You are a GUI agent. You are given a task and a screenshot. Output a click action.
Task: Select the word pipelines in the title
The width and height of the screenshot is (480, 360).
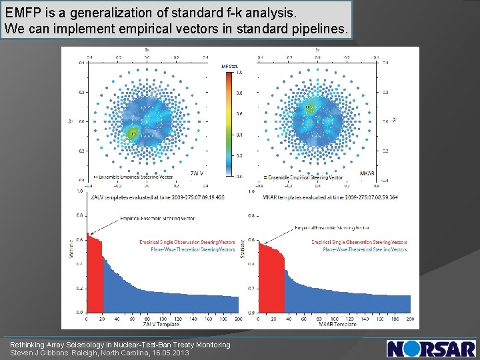click(x=315, y=29)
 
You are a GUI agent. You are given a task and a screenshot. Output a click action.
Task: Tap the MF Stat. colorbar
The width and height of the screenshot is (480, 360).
click(x=230, y=124)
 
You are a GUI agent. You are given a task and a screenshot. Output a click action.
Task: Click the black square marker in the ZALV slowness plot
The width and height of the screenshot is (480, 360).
click(x=133, y=134)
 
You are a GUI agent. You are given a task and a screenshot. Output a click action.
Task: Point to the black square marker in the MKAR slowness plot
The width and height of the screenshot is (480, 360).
click(x=308, y=107)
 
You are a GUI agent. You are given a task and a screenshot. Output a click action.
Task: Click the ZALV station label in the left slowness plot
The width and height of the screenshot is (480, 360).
click(x=196, y=173)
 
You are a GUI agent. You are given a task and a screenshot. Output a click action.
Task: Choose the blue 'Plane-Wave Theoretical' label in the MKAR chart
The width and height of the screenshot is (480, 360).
click(x=364, y=249)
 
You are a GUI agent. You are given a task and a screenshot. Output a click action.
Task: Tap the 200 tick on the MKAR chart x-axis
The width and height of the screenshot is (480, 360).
click(x=409, y=319)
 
